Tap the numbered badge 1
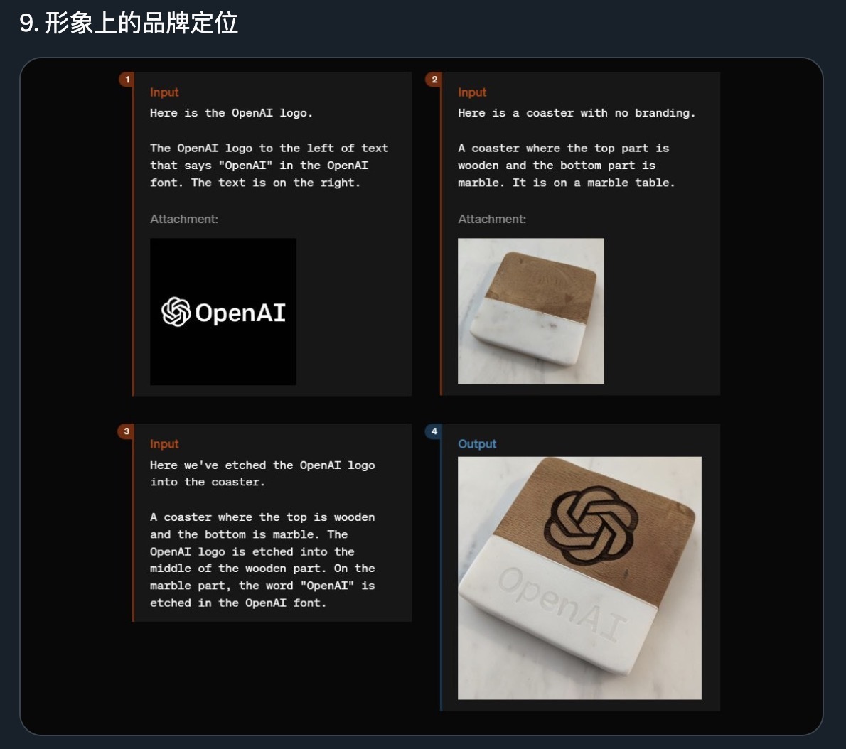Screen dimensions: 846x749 [127, 80]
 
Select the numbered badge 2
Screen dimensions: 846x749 [434, 80]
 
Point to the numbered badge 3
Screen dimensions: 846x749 [127, 431]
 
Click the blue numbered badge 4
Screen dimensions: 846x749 [434, 431]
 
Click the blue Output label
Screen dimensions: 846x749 [477, 444]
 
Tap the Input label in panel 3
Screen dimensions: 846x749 [164, 444]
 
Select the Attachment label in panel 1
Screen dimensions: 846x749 [184, 219]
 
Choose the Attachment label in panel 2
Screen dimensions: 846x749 [491, 219]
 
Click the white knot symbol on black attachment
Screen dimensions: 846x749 [176, 312]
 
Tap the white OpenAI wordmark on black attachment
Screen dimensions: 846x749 [240, 313]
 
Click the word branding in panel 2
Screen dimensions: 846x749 [665, 113]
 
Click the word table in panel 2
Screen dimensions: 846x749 [655, 183]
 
